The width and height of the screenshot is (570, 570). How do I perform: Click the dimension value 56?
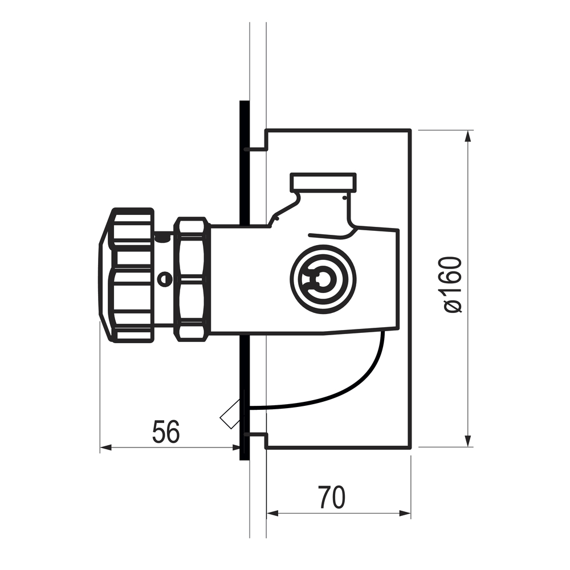click(166, 431)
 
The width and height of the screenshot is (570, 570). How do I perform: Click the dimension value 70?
click(332, 497)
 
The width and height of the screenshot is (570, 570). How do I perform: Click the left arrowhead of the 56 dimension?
click(106, 447)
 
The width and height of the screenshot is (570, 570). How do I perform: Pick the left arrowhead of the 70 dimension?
click(272, 514)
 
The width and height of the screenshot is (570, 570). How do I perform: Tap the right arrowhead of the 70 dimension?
click(405, 514)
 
